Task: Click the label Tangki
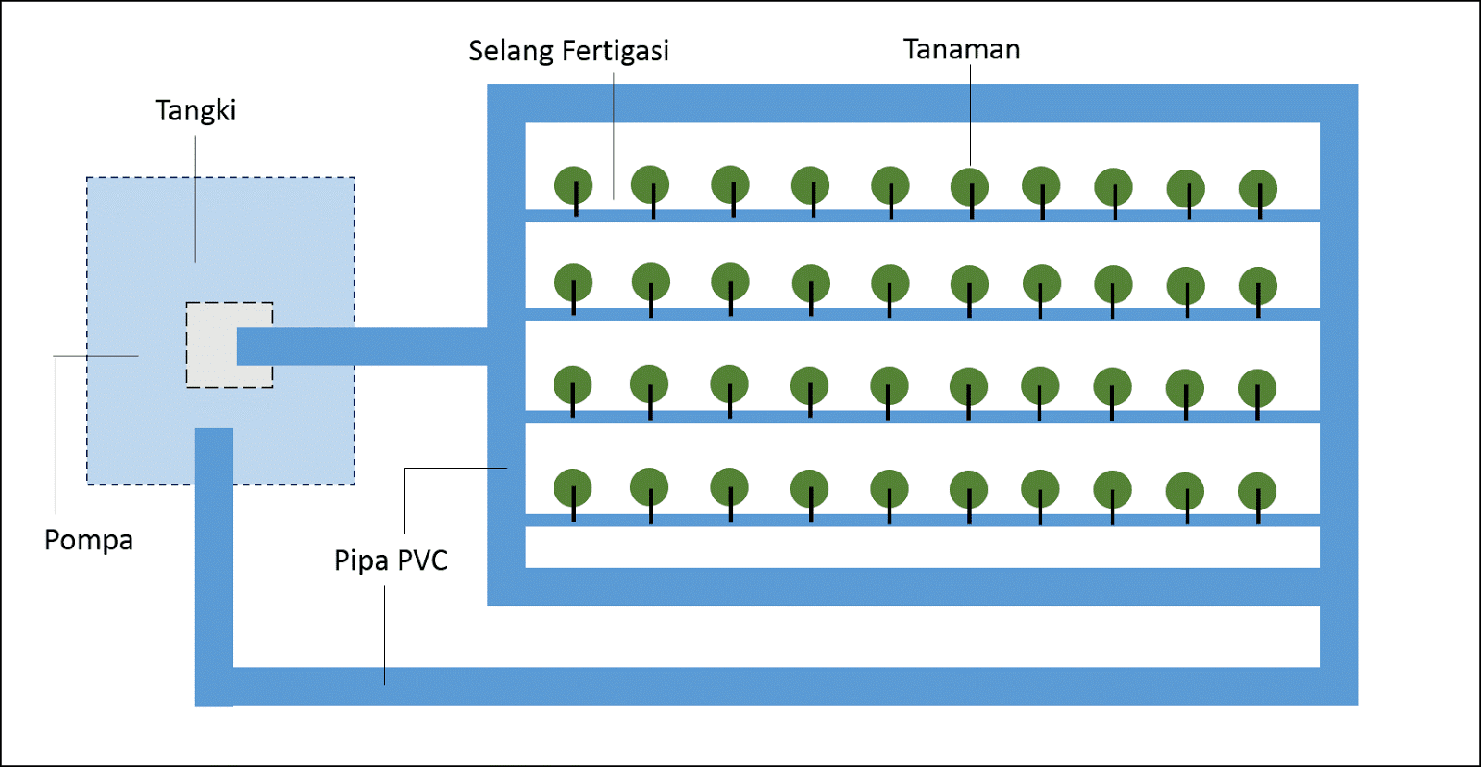coord(195,111)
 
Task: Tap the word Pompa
coord(89,540)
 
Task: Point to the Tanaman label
coord(962,49)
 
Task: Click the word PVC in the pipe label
coord(423,560)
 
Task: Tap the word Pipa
coord(361,560)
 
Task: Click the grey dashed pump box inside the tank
coord(210,346)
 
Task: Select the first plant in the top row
coord(574,185)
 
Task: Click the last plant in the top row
coord(1258,189)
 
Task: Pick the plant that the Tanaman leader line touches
coord(969,187)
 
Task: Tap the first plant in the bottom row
coord(573,488)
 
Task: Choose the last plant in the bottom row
coord(1257,492)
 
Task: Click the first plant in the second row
coord(574,283)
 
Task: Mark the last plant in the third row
coord(1257,388)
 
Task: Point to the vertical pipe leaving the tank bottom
coord(214,556)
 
